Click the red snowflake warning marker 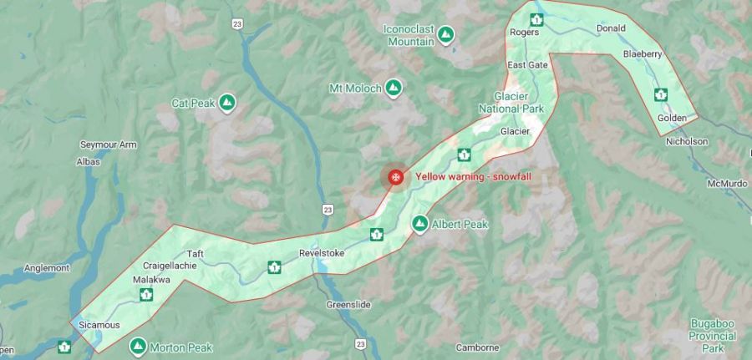pyautogui.click(x=395, y=176)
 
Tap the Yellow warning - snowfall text pyautogui.click(x=473, y=176)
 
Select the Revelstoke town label pyautogui.click(x=322, y=253)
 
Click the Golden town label pyautogui.click(x=672, y=118)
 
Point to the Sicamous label pyautogui.click(x=99, y=324)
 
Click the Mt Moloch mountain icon pyautogui.click(x=393, y=88)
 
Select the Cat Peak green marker pyautogui.click(x=226, y=104)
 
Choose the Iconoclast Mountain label pyautogui.click(x=409, y=34)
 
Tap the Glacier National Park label pyautogui.click(x=511, y=103)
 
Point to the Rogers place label pyautogui.click(x=524, y=33)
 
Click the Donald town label pyautogui.click(x=611, y=28)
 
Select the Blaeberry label pyautogui.click(x=643, y=54)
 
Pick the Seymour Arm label pyautogui.click(x=108, y=145)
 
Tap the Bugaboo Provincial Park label pyautogui.click(x=712, y=335)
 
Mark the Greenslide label pyautogui.click(x=348, y=306)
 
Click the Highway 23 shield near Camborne pyautogui.click(x=361, y=343)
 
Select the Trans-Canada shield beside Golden pyautogui.click(x=661, y=94)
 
